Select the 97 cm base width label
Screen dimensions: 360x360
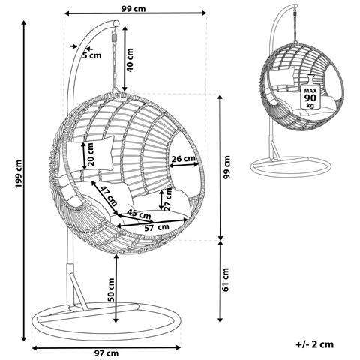[x=106, y=353]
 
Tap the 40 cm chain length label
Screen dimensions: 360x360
[x=130, y=60]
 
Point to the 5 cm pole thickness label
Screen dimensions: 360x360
[x=92, y=55]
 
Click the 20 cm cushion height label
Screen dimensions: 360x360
[x=90, y=154]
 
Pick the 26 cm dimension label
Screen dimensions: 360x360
[x=183, y=158]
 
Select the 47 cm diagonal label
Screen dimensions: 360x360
[x=109, y=196]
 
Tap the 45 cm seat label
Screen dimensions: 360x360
[x=139, y=214]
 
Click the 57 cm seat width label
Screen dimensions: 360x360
[x=157, y=227]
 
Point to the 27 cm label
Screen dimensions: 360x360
[x=168, y=200]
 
